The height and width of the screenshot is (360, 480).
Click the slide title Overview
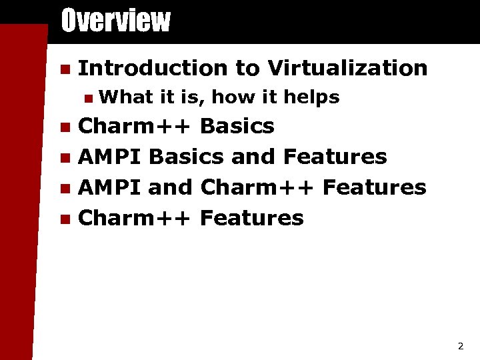click(115, 21)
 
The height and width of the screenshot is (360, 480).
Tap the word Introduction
click(153, 68)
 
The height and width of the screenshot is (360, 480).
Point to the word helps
click(311, 97)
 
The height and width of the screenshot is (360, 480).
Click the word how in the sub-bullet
click(233, 97)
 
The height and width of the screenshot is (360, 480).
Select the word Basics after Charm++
click(237, 126)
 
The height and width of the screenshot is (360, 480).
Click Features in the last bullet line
click(251, 218)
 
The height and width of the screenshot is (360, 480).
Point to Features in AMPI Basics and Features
click(335, 157)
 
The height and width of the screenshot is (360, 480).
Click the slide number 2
click(460, 346)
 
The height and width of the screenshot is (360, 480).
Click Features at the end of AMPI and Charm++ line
click(374, 187)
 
